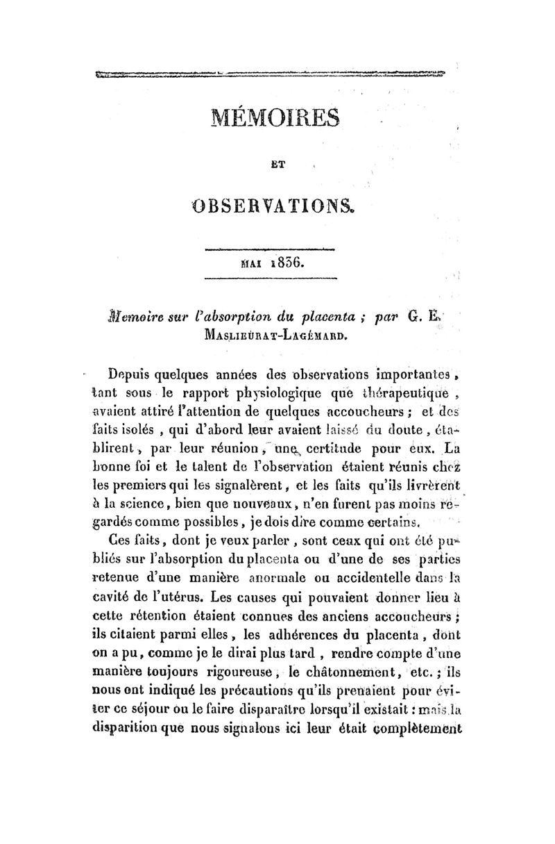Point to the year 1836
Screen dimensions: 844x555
click(284, 264)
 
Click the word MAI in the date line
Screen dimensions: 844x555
click(251, 265)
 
